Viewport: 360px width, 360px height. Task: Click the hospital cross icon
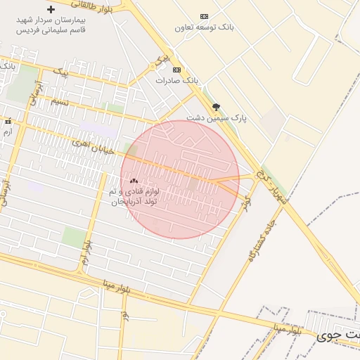50,10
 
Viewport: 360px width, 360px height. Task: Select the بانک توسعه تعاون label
204,27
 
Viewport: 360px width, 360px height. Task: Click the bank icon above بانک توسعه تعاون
204,16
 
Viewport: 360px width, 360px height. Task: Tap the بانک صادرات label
177,81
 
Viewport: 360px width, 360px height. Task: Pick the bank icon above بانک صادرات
176,70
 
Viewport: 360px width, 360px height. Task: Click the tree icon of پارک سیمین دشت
216,107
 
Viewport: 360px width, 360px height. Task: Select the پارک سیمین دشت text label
217,118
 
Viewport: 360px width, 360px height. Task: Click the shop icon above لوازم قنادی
134,181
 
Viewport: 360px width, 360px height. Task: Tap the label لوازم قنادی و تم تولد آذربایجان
134,196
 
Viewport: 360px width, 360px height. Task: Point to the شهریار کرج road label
271,184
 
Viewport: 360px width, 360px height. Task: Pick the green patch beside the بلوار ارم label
74,236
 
